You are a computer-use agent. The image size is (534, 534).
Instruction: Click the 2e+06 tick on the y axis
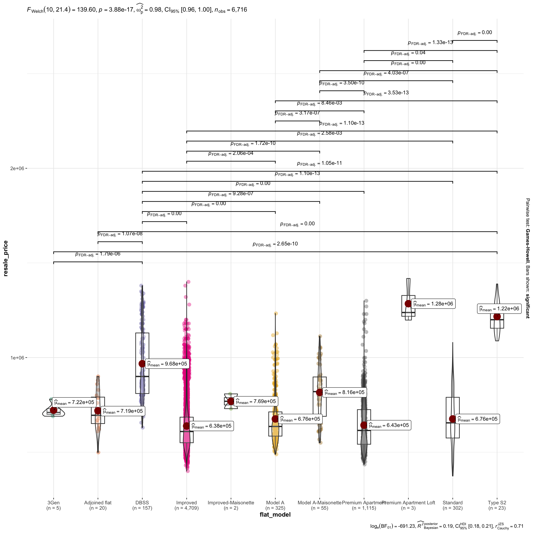pyautogui.click(x=17, y=168)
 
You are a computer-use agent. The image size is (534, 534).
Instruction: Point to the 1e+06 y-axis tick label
pyautogui.click(x=17, y=358)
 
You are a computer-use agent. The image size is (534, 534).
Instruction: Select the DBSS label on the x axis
pyautogui.click(x=142, y=503)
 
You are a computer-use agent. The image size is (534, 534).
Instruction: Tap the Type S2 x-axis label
pyautogui.click(x=497, y=503)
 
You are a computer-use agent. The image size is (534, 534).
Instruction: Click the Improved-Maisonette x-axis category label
pyautogui.click(x=231, y=503)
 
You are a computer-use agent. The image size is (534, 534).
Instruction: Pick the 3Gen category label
pyautogui.click(x=53, y=503)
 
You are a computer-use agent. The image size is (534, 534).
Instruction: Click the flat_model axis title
pyautogui.click(x=275, y=515)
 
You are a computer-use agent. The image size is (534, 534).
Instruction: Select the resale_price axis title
pyautogui.click(x=6, y=258)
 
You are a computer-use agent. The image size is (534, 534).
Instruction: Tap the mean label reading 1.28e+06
pyautogui.click(x=433, y=304)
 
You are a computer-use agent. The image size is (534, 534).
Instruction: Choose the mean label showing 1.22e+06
pyautogui.click(x=499, y=309)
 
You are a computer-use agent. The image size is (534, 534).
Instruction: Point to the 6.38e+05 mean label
pyautogui.click(x=211, y=426)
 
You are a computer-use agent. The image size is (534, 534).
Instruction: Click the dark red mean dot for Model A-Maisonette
pyautogui.click(x=320, y=392)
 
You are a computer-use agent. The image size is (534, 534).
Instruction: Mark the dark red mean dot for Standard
pyautogui.click(x=452, y=419)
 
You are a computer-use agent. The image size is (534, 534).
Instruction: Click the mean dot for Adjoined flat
pyautogui.click(x=98, y=411)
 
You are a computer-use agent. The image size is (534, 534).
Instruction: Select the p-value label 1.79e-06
pyautogui.click(x=98, y=254)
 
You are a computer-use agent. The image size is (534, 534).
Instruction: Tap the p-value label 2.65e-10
pyautogui.click(x=275, y=244)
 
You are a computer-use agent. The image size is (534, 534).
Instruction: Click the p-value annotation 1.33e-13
pyautogui.click(x=430, y=43)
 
